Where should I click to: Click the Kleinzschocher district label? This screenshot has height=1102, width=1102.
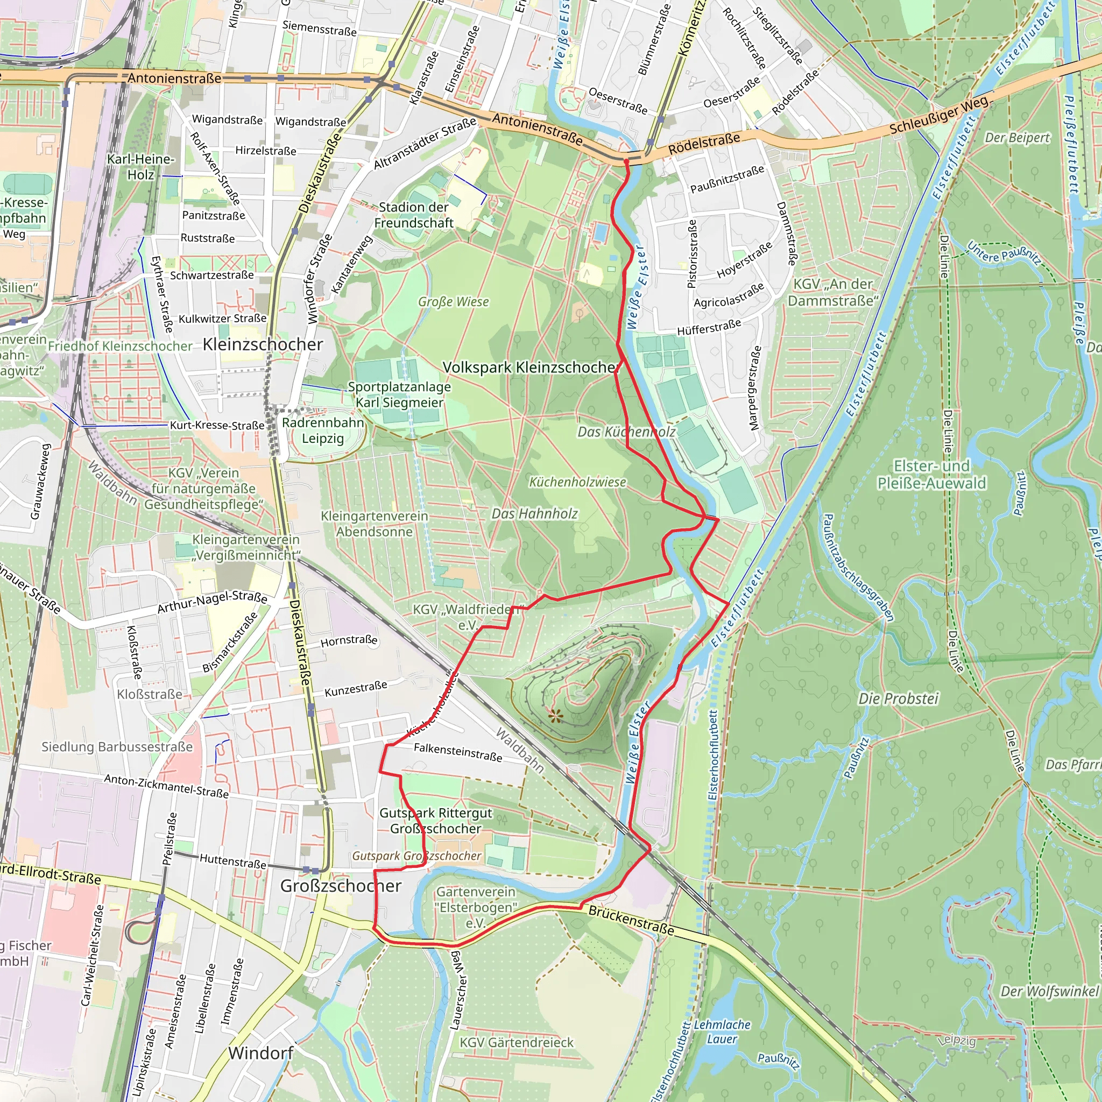[x=263, y=344]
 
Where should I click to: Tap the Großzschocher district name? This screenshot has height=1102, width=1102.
[x=341, y=885]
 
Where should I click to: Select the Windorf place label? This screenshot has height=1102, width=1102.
[x=260, y=1053]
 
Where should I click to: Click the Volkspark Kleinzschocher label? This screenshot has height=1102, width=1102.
[x=531, y=368]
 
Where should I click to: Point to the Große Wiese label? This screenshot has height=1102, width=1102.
[x=454, y=302]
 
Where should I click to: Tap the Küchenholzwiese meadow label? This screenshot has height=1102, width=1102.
[x=577, y=482]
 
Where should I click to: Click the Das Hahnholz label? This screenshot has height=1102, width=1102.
[x=534, y=514]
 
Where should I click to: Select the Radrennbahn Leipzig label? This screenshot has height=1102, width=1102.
[x=323, y=430]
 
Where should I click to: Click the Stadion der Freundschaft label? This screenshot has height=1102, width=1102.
[x=414, y=215]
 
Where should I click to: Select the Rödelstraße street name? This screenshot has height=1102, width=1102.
[x=704, y=143]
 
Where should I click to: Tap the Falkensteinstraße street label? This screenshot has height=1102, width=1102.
[x=457, y=752]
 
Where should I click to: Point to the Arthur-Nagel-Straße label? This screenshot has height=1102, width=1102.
[x=212, y=602]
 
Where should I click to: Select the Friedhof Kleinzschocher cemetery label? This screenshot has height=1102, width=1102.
[x=120, y=346]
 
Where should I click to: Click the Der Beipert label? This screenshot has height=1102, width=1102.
[x=1017, y=138]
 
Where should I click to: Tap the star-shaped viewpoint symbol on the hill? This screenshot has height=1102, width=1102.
[x=555, y=716]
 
